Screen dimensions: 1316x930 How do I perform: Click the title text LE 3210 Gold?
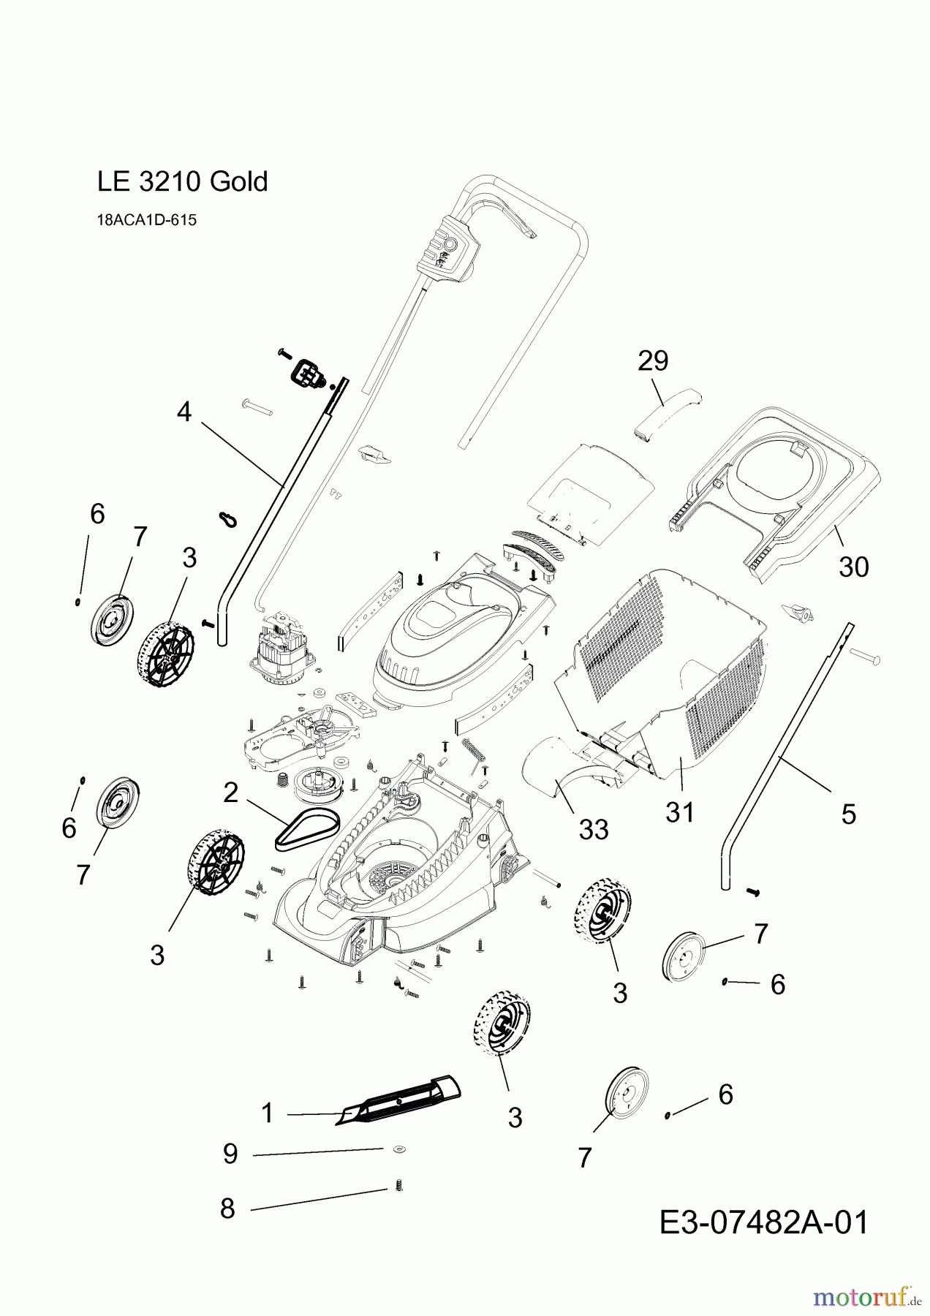182,181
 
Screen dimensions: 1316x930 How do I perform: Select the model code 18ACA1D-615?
146,220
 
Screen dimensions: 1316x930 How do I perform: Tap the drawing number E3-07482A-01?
763,1222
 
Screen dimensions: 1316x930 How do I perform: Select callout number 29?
653,360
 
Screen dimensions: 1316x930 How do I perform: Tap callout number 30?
852,567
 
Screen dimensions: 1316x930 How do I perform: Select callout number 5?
848,814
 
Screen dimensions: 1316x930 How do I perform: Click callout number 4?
184,412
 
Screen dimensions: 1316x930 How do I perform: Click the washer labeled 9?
398,1149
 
